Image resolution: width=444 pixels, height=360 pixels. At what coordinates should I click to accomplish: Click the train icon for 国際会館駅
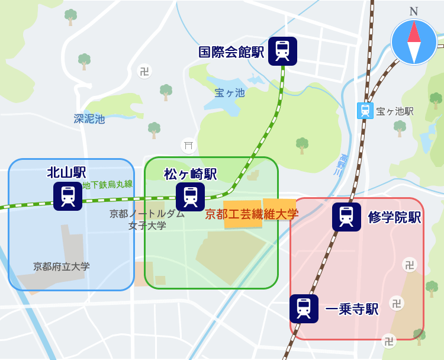(282, 51)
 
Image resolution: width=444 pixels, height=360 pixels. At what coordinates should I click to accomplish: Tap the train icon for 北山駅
(67, 196)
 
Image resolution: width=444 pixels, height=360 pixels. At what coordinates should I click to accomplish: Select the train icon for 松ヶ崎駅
(190, 197)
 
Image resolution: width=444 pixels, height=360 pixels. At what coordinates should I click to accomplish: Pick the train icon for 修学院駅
(346, 217)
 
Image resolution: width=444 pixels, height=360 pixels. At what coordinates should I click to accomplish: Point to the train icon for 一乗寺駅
(304, 308)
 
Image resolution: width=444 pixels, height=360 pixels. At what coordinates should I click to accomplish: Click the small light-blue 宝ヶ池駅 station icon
(365, 111)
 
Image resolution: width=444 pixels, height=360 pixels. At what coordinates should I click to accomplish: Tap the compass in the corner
(414, 42)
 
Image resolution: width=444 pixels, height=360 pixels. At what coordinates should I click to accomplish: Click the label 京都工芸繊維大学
(252, 214)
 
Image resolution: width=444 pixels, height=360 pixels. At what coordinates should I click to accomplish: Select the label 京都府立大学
(62, 266)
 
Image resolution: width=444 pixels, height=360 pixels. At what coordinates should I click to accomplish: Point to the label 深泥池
(89, 119)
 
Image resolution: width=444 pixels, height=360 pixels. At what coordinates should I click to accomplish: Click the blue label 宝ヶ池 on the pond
(229, 93)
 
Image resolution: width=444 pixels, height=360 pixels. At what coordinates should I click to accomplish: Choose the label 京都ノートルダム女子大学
(147, 219)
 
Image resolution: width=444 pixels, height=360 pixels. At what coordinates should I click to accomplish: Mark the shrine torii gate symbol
(189, 145)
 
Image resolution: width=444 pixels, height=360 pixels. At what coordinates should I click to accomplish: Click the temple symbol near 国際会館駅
(144, 72)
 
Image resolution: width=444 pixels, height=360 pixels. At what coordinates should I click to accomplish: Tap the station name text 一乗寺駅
(352, 309)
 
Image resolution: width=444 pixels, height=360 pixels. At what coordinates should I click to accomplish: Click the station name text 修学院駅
(394, 217)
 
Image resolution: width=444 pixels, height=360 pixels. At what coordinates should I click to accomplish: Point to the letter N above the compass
(414, 11)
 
